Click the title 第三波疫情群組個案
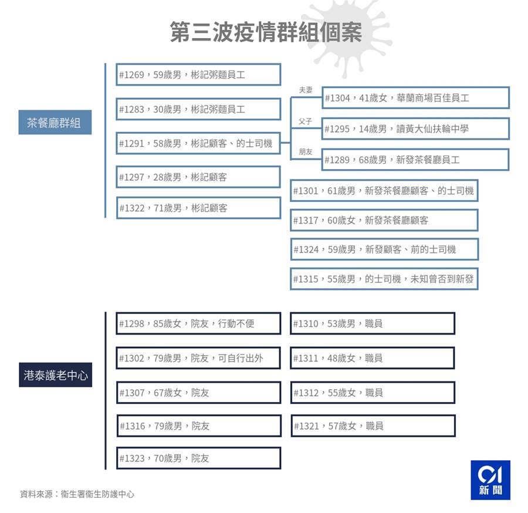266,32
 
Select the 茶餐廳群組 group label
55,122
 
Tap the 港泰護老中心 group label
55,375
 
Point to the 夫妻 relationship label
306,90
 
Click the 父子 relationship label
306,122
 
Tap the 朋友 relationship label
306,151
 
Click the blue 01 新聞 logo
490,480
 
